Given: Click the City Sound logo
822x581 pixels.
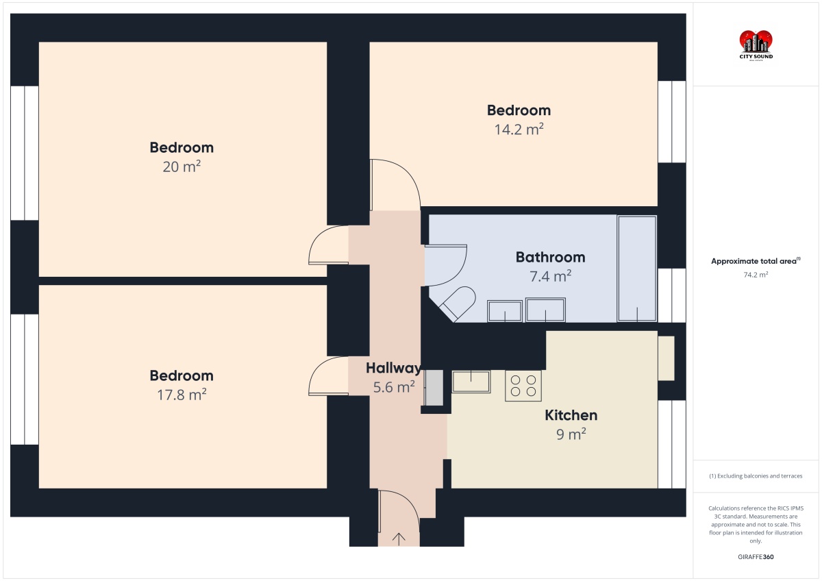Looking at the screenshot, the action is point(756,45).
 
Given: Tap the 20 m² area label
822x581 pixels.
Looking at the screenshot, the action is point(182,166).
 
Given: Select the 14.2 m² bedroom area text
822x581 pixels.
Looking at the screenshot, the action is point(519,129).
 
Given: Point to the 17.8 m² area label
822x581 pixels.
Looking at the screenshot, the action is point(182,395).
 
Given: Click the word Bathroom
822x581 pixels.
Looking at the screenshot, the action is point(551,257).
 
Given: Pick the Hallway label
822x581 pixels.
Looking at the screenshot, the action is point(394,368).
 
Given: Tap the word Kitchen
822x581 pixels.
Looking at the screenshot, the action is point(571,415).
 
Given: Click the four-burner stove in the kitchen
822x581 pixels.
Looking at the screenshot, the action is point(523,385).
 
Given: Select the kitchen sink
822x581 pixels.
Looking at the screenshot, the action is point(471,382).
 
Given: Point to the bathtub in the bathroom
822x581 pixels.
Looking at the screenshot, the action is point(637,269).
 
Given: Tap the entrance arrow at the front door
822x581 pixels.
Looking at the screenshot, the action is point(399,539).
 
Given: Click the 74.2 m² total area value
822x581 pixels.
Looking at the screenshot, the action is point(756,275).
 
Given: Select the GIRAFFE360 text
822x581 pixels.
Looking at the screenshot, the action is point(756,557).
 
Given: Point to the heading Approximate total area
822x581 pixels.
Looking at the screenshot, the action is point(756,261).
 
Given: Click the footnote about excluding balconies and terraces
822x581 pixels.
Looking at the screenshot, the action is point(756,476).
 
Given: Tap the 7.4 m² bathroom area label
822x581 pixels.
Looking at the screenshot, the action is point(551,276).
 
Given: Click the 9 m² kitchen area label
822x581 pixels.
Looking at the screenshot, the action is point(571,434).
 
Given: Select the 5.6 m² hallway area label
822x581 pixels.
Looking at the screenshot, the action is point(394,387).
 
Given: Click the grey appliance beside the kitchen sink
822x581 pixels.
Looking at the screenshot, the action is point(434,388).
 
